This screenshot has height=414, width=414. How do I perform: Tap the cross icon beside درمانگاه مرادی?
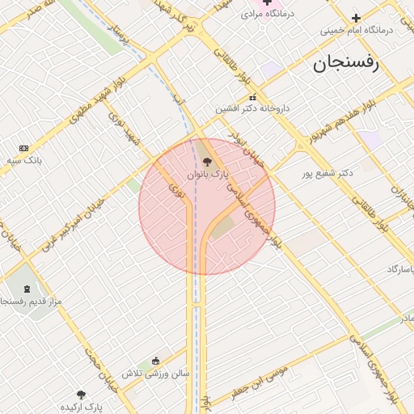267,2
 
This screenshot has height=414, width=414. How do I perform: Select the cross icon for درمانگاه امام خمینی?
356,18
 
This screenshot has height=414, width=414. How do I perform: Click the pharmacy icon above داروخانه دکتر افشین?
252,97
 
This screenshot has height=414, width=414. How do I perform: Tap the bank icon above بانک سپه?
23,148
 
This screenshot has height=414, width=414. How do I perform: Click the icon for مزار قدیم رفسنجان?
30,289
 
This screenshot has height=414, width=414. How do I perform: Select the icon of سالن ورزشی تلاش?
156,361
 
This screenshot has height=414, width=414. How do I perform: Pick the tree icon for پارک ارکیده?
81,395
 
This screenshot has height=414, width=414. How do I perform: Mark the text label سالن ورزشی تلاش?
155,374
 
